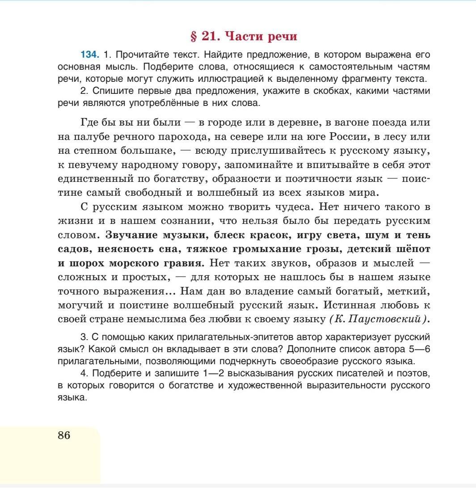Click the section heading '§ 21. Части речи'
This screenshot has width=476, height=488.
click(244, 36)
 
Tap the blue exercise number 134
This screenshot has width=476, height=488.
click(89, 55)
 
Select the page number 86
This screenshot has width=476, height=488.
click(64, 435)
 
